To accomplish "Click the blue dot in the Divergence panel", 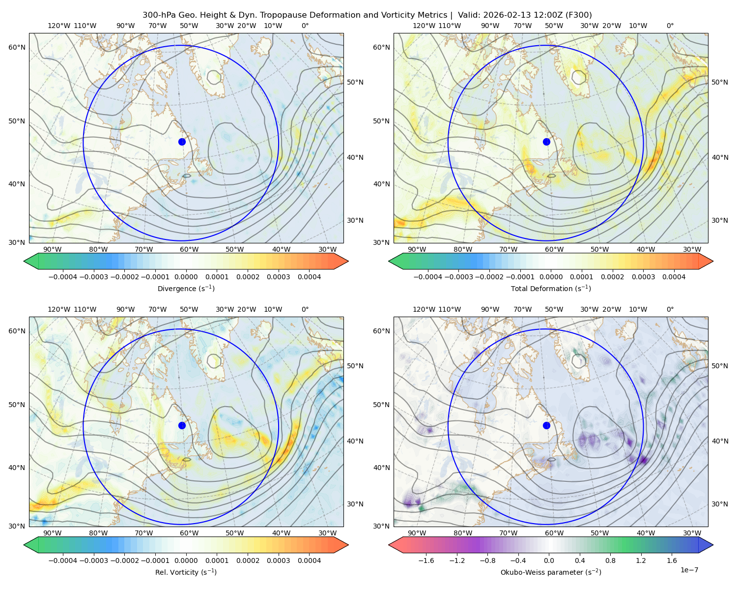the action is [x=182, y=142].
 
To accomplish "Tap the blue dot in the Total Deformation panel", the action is [x=546, y=142].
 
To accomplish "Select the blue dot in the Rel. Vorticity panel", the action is [x=182, y=425].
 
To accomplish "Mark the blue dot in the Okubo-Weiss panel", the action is [x=546, y=425].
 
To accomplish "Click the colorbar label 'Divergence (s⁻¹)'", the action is [x=186, y=288].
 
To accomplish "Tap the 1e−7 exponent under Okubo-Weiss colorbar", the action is [x=689, y=570].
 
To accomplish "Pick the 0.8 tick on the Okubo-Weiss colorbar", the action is [x=610, y=560].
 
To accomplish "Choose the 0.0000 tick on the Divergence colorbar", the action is [x=186, y=277].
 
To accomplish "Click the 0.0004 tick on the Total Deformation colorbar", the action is [x=674, y=277].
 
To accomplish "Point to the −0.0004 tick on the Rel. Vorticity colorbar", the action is [x=63, y=560].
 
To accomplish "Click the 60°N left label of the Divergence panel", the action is [x=17, y=47].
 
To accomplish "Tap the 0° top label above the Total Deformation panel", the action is [x=670, y=26].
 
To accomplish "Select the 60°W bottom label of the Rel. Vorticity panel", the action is [x=189, y=533].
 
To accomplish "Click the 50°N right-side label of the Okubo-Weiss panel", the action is [x=720, y=366].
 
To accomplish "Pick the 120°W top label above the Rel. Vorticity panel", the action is [x=59, y=309].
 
